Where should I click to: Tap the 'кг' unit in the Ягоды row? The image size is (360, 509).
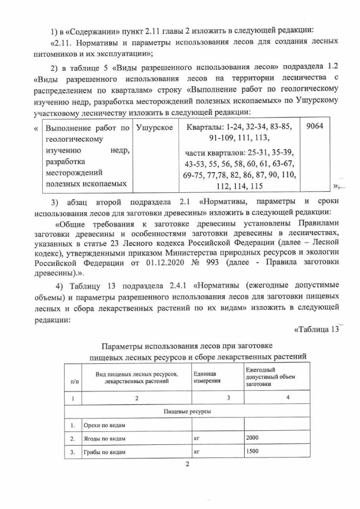click(197, 438)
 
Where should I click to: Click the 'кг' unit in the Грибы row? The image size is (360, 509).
click(197, 452)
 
